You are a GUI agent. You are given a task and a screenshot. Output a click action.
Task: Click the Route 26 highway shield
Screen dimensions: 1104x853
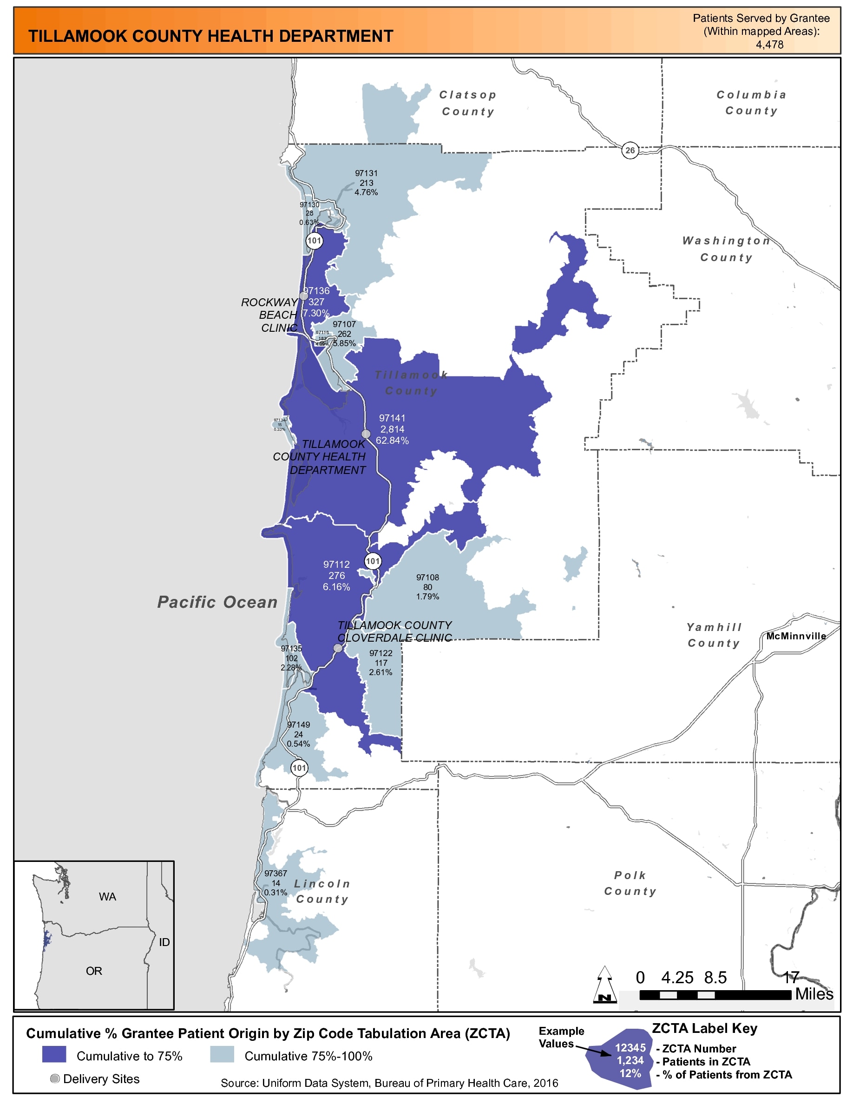pos(630,150)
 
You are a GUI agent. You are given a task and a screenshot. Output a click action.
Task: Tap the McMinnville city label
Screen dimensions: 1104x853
pos(795,636)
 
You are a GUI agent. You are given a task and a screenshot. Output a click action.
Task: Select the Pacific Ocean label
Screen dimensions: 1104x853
pos(217,602)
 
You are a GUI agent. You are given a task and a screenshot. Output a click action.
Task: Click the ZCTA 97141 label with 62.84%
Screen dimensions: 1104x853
pos(392,429)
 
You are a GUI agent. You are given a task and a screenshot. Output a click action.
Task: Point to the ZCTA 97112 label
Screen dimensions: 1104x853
pos(336,575)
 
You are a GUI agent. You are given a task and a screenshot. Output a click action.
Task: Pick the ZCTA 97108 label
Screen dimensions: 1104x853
pos(427,586)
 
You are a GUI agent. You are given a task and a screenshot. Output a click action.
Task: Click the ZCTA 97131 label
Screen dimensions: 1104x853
pos(367,183)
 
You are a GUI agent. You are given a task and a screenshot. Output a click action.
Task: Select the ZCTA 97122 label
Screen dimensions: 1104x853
pos(381,662)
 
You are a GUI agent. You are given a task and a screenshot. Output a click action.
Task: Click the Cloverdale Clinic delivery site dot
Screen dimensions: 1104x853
pos(338,648)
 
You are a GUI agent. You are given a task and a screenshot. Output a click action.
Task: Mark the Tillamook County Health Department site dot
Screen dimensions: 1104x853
pos(366,434)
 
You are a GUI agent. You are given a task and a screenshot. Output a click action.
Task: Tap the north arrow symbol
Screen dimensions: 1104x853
pos(604,984)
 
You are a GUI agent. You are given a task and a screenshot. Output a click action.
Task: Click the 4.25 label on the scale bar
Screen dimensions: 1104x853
pos(677,978)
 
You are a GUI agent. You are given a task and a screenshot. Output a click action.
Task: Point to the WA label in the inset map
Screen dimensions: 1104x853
pos(108,897)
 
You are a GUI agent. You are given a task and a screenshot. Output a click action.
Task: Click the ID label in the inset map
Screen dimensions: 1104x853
pos(164,942)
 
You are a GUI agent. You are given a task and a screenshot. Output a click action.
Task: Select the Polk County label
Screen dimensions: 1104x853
pos(630,883)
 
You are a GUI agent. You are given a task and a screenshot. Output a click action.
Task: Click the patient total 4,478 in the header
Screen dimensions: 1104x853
pos(769,45)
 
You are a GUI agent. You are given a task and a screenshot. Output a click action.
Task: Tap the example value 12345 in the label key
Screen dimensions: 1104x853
pos(630,1047)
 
